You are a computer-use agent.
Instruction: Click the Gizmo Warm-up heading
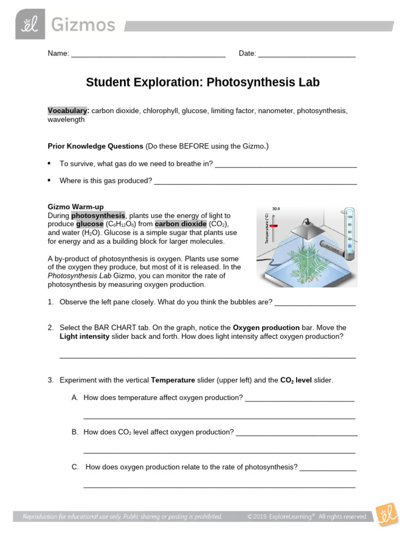[x=76, y=207]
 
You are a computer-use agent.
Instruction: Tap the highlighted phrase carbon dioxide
[x=181, y=224]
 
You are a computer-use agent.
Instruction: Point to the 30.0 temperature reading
[x=276, y=209]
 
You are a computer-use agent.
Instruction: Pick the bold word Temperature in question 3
[x=172, y=380]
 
